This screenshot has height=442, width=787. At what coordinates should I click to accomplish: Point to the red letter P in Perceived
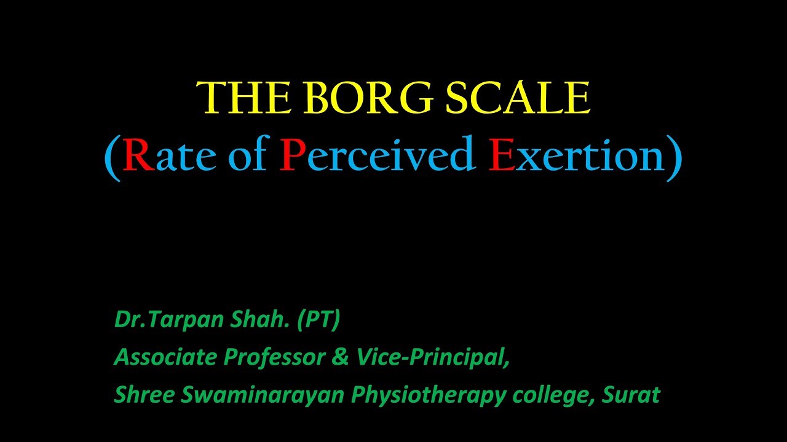(x=290, y=156)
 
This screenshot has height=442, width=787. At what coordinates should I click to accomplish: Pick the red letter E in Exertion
(x=502, y=156)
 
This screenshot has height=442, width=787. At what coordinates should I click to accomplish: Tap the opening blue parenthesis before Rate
(x=113, y=157)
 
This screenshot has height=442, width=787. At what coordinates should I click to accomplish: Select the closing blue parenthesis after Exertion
(x=674, y=157)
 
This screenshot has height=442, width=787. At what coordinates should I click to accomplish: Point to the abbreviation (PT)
(x=318, y=320)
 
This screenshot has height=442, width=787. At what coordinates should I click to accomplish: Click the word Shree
(x=143, y=395)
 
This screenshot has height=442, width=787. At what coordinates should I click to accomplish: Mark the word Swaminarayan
(x=263, y=395)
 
